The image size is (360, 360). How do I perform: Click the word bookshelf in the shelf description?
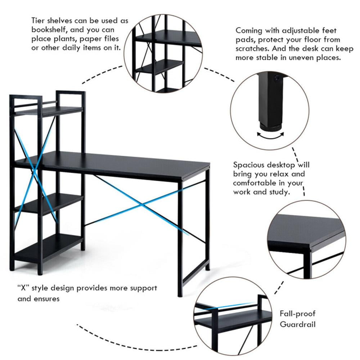tap(49, 30)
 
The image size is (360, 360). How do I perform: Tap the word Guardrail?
tap(298, 324)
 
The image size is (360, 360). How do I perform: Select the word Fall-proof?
tap(297, 314)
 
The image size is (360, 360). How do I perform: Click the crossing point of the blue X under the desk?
tap(142, 206)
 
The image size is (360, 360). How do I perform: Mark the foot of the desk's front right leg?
tap(180, 294)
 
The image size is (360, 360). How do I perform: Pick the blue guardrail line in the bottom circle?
tap(234, 306)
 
